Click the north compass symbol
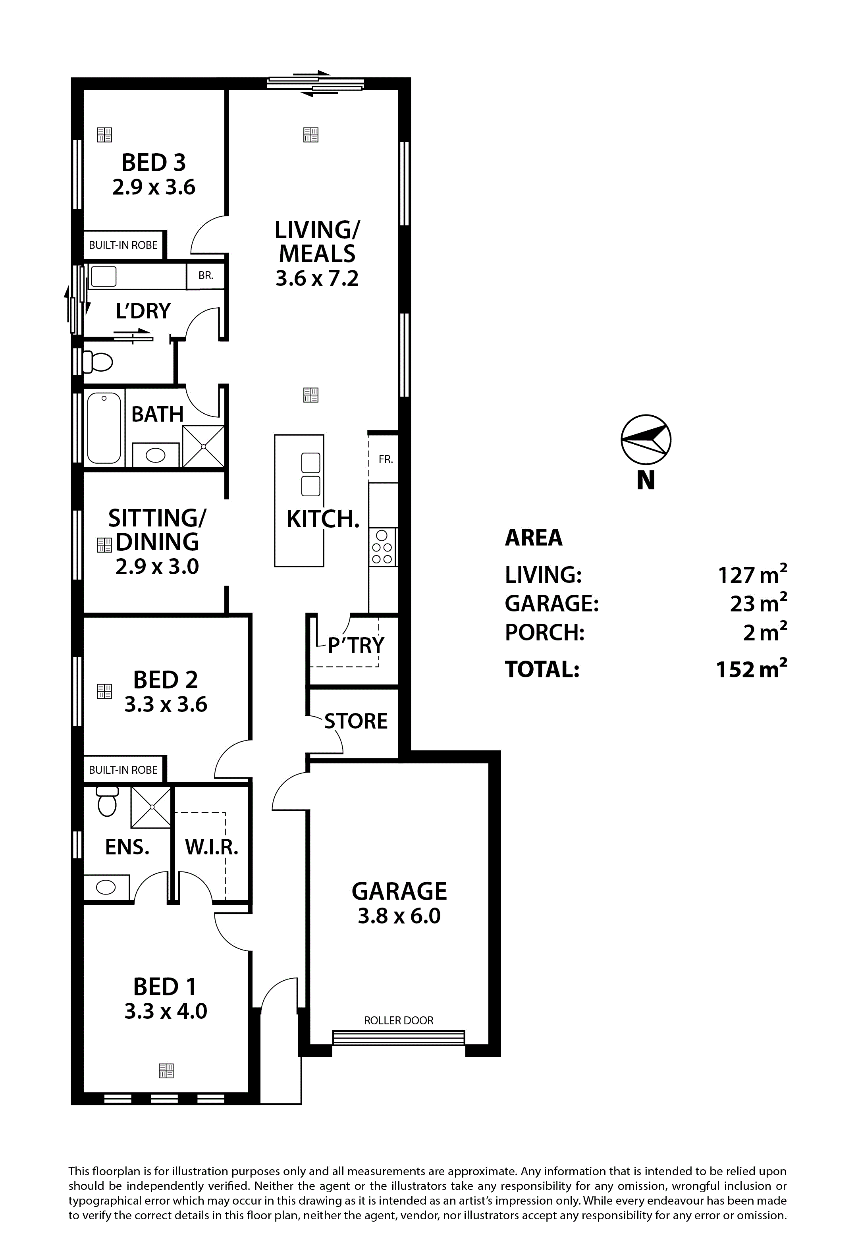(646, 440)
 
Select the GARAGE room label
(399, 892)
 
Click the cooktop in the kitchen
(382, 546)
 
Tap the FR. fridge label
(386, 459)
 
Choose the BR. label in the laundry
(206, 276)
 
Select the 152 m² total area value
(751, 669)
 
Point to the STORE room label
(356, 721)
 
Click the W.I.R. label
(212, 847)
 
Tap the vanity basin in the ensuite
(106, 887)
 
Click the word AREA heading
(534, 538)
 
